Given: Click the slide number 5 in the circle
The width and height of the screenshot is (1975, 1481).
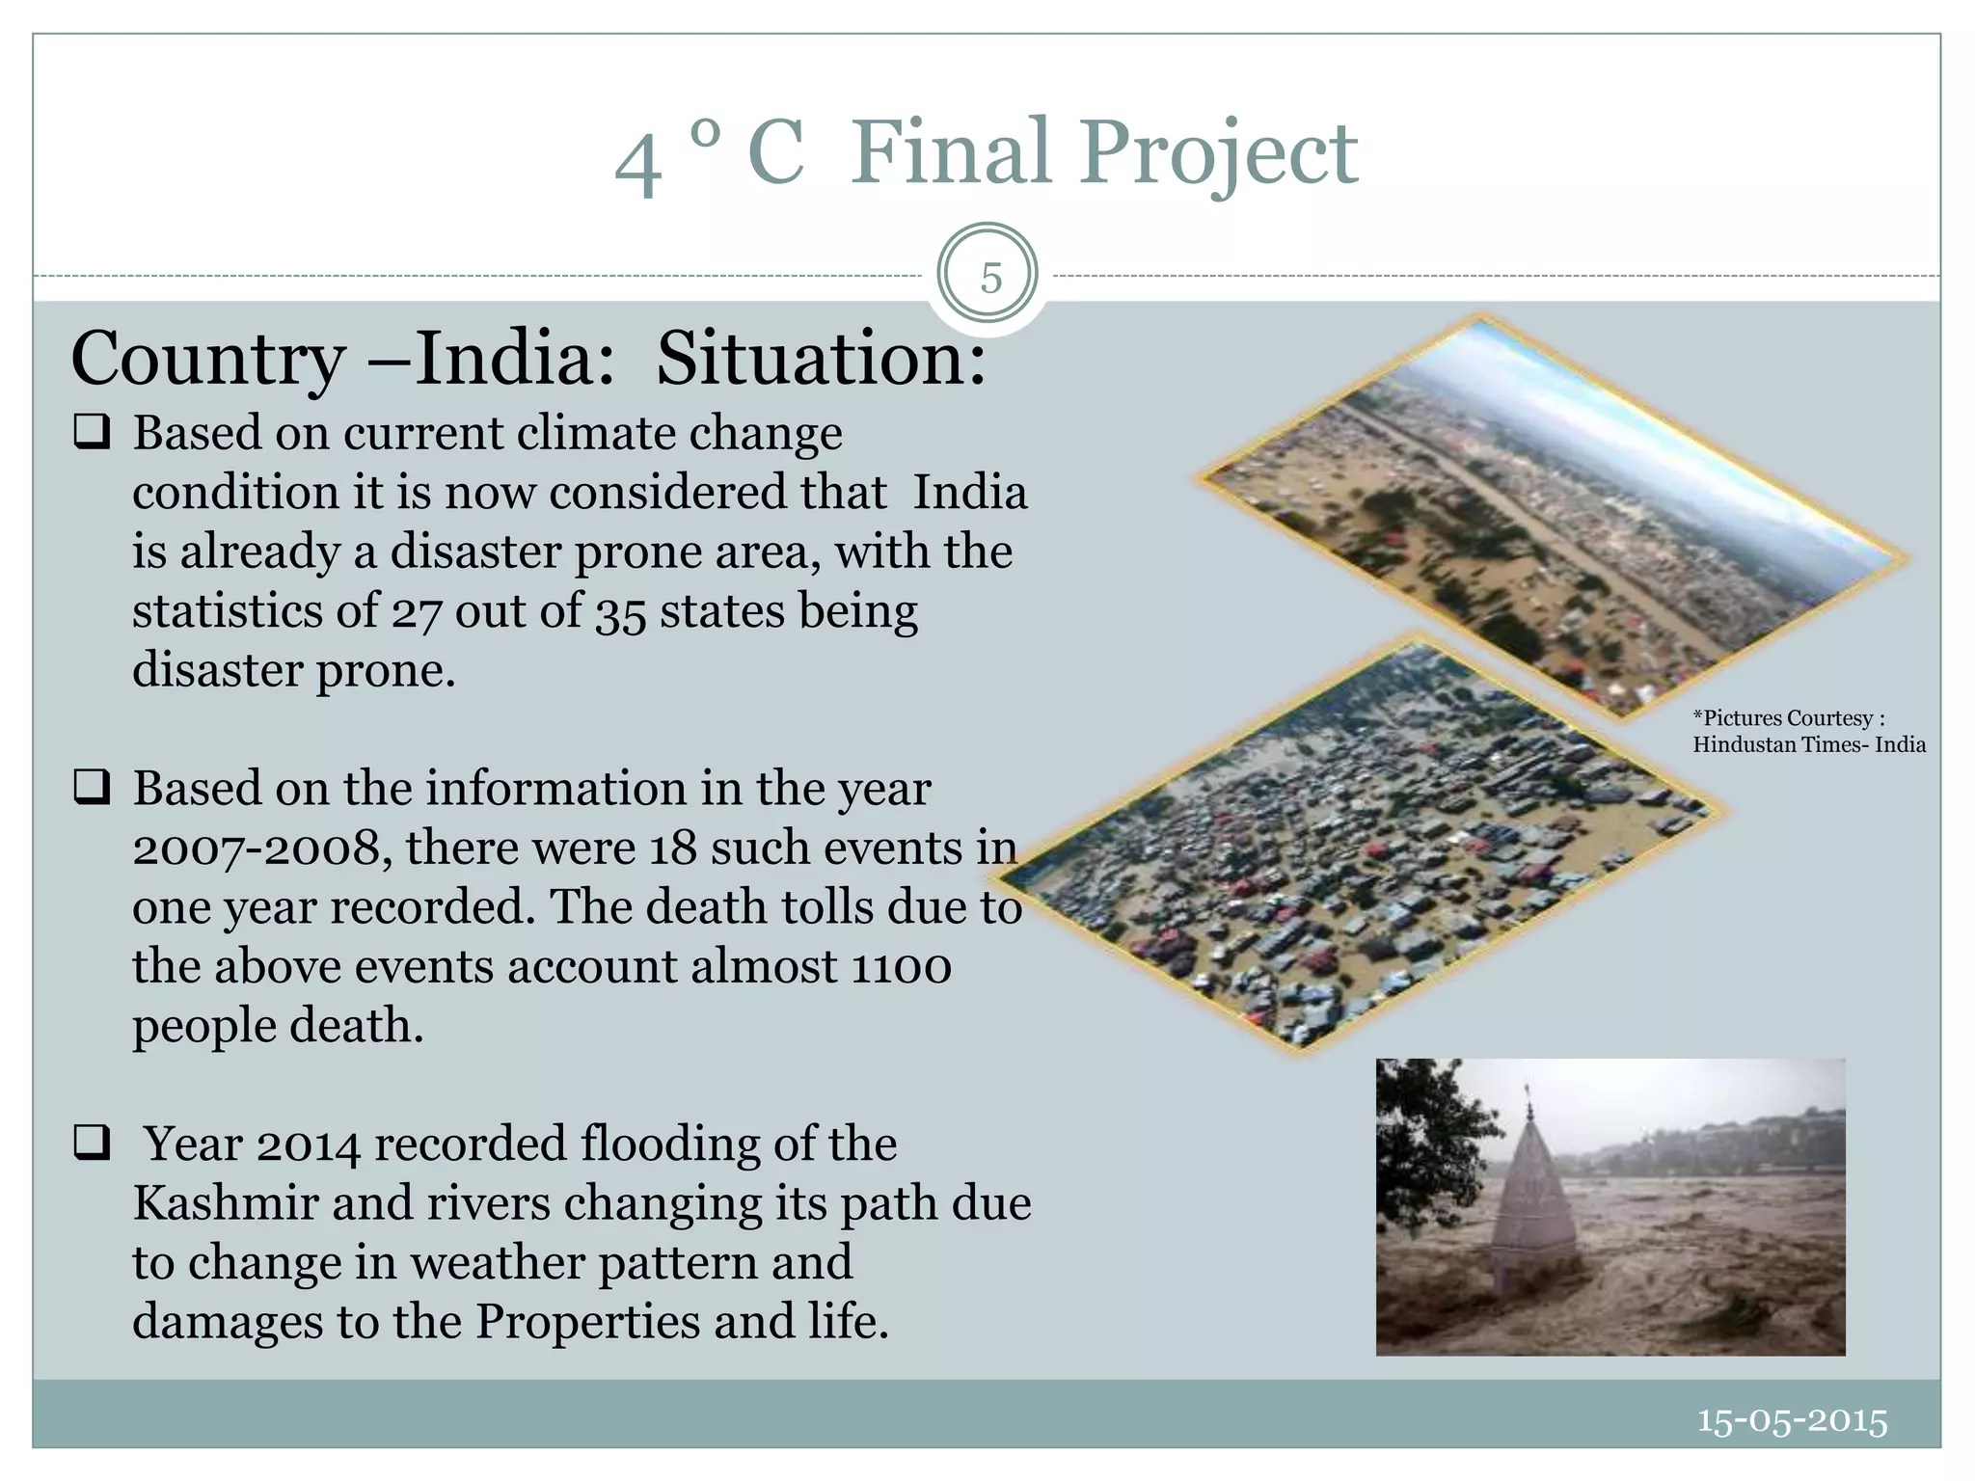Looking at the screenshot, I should [990, 279].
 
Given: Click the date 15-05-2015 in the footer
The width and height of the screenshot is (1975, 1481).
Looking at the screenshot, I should [1792, 1421].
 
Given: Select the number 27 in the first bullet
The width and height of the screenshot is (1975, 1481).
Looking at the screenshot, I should [416, 612].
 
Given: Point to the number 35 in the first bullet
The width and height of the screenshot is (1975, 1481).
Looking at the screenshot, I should [619, 612].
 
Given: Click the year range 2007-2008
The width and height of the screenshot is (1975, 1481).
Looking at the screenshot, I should [261, 849].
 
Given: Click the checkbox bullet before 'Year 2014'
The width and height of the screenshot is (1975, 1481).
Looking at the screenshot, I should [92, 1144].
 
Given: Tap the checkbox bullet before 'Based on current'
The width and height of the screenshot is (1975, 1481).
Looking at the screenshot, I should [92, 432].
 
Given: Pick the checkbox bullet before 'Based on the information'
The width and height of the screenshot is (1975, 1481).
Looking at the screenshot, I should [92, 788].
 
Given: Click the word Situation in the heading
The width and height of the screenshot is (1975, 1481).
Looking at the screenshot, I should [821, 359].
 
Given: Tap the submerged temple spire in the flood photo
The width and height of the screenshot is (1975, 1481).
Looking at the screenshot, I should [1533, 1196].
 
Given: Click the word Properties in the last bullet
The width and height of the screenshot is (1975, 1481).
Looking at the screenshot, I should [588, 1323].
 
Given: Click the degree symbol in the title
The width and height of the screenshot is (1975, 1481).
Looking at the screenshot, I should [705, 134].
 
